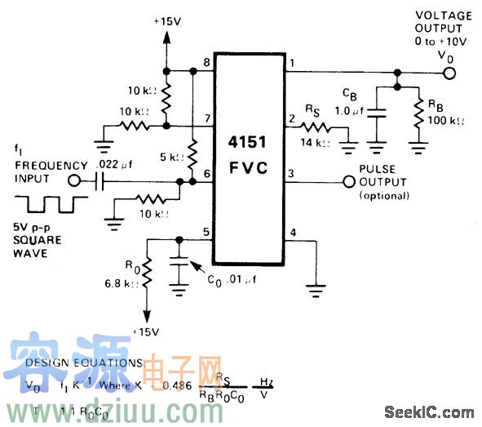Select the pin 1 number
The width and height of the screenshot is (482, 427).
click(291, 62)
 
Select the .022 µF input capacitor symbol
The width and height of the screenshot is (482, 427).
click(100, 181)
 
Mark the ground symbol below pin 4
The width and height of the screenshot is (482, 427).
click(314, 287)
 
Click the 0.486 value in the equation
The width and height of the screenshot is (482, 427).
click(178, 384)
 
